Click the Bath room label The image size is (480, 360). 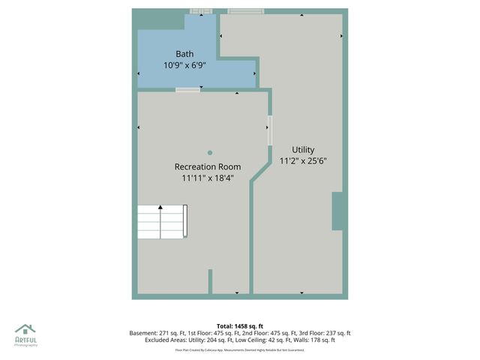click(x=184, y=54)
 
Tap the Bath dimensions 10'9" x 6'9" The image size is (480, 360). click(x=184, y=65)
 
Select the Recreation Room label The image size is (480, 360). click(x=208, y=166)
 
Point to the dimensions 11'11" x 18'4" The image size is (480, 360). click(x=208, y=178)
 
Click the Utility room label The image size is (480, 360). click(x=303, y=149)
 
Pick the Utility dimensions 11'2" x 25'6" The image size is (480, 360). click(x=303, y=160)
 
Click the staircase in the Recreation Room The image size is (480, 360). click(x=162, y=221)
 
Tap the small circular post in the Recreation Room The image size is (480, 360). click(x=210, y=152)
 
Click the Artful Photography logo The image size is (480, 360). click(x=25, y=334)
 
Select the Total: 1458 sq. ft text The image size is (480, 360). click(x=240, y=326)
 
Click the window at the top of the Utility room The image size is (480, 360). click(x=246, y=10)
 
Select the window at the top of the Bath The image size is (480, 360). click(x=201, y=10)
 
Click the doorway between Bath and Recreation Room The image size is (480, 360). click(x=188, y=90)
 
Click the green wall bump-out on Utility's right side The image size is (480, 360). click(x=338, y=211)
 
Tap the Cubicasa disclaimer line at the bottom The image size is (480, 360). click(x=240, y=349)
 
